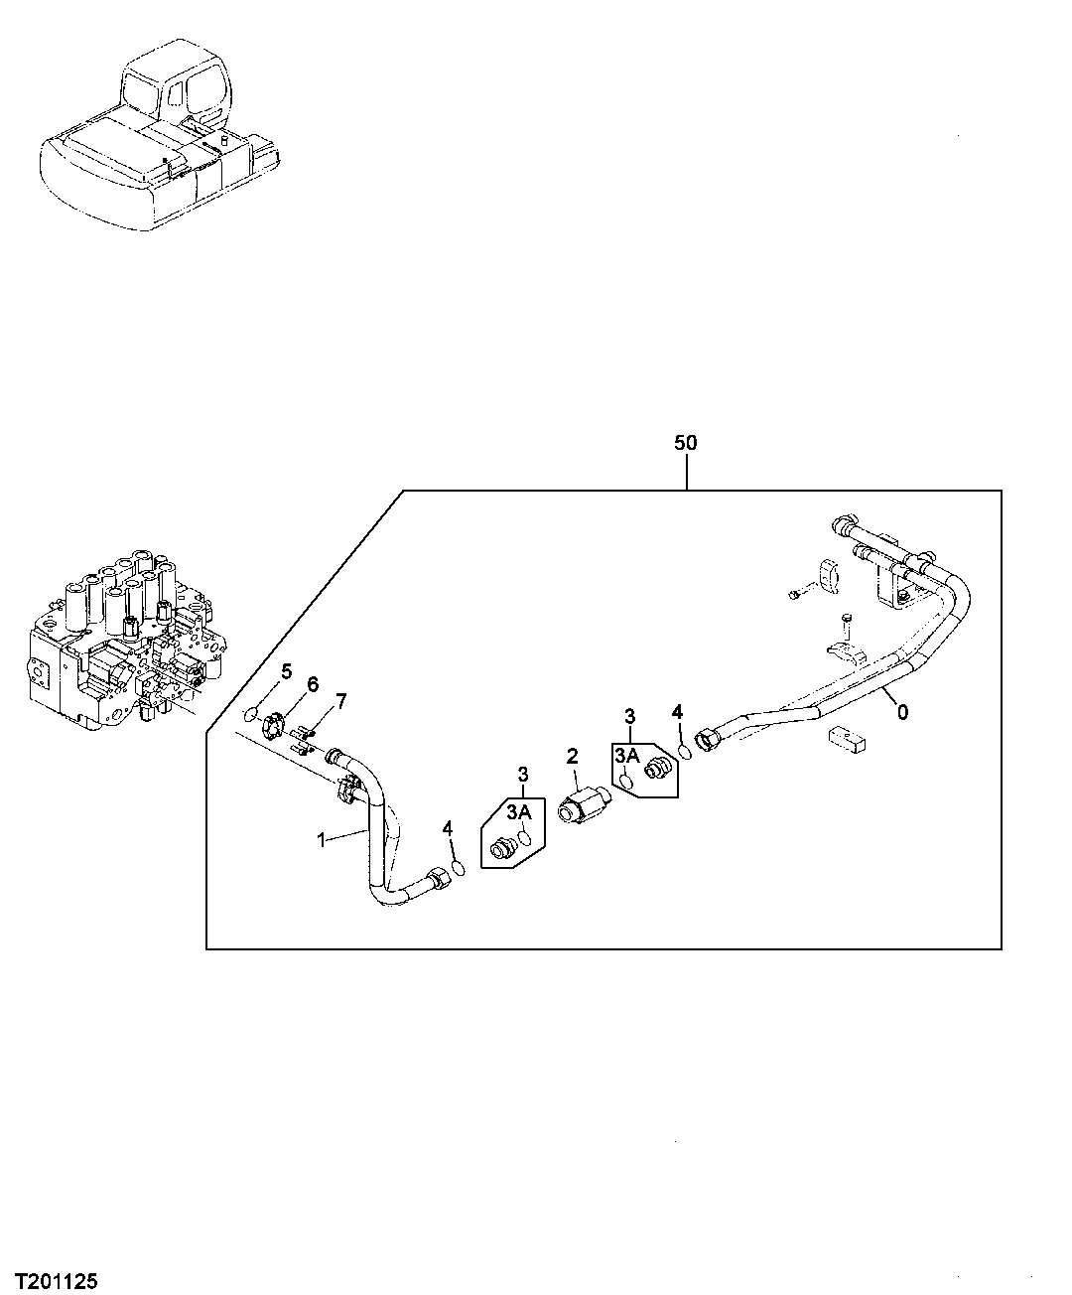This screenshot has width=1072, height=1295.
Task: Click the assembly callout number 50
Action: tap(686, 443)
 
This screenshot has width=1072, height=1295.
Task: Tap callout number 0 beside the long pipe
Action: tap(902, 711)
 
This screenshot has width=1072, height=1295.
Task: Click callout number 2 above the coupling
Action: tap(572, 756)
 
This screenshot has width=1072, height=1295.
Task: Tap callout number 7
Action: tap(340, 702)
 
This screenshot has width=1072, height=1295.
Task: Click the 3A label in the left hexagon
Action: tap(520, 812)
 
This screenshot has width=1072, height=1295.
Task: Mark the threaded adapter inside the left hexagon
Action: tap(503, 849)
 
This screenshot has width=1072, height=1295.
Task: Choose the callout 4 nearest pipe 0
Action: tap(677, 711)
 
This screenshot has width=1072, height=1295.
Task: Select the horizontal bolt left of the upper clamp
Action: tap(797, 594)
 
